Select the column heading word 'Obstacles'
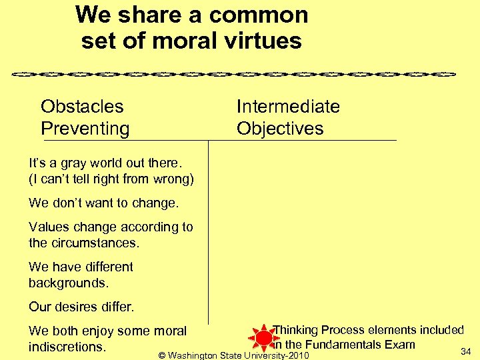pos(82,107)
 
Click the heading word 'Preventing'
pos(85,129)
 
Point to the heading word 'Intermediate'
pos(288,107)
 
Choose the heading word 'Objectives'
pos(280,129)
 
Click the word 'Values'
pos(49,227)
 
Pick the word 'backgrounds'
pos(67,283)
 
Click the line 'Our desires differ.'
pos(81,307)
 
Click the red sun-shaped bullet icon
pos(263,338)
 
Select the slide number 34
pos(466,351)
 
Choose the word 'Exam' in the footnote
pos(399,345)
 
